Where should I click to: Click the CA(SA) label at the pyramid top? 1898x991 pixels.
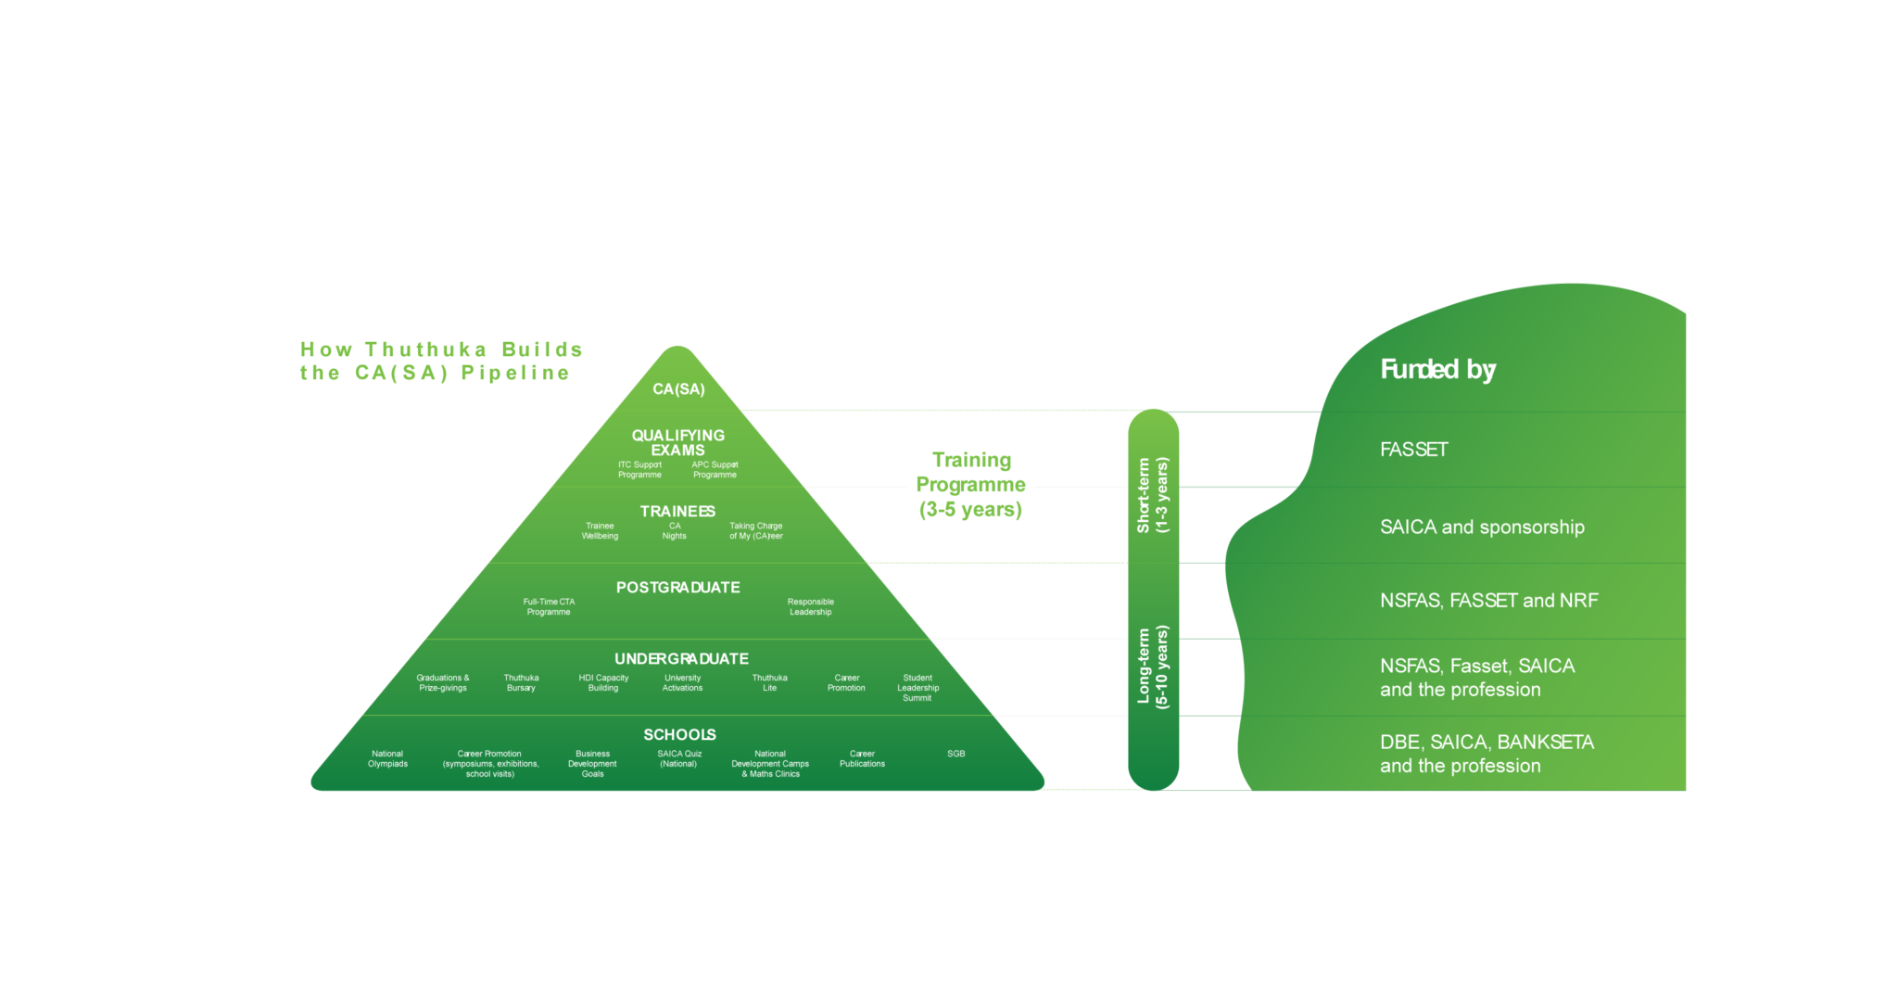(x=678, y=389)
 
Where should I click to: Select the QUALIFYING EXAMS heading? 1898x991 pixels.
(x=678, y=443)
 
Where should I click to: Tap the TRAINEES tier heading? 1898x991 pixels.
(x=677, y=512)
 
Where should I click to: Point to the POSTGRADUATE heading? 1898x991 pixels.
(x=677, y=588)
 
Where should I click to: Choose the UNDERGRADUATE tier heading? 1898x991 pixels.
(x=681, y=659)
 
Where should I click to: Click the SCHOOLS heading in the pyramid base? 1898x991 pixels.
(x=679, y=735)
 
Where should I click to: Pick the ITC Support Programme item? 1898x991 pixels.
(x=640, y=470)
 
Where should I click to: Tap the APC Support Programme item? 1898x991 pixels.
(x=715, y=470)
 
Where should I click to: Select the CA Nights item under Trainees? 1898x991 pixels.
(x=675, y=531)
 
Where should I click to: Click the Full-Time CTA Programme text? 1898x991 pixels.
(x=549, y=607)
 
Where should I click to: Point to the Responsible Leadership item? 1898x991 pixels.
(x=811, y=607)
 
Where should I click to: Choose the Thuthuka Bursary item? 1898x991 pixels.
(x=521, y=683)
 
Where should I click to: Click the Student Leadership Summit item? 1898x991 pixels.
(x=917, y=688)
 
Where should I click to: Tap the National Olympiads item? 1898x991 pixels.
(x=387, y=759)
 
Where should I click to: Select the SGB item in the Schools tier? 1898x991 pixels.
(x=956, y=754)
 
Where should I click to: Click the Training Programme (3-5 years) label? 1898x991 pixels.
(x=970, y=485)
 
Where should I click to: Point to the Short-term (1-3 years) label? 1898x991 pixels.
(x=1153, y=495)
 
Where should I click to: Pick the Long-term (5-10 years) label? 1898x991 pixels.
(x=1153, y=667)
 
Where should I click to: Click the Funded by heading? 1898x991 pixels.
(x=1437, y=370)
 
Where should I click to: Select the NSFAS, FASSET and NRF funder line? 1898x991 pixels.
(x=1488, y=601)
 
